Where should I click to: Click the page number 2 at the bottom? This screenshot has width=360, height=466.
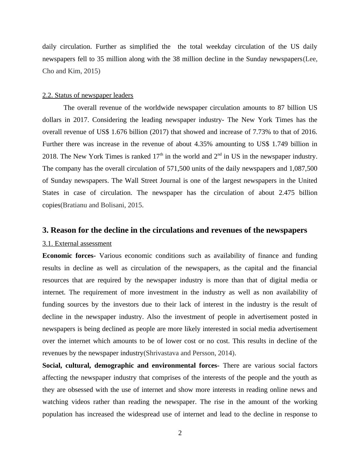180,433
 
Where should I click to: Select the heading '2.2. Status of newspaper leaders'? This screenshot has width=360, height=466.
88,95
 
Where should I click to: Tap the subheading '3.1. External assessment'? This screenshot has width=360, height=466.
77,244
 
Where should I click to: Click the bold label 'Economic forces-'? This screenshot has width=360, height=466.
69,256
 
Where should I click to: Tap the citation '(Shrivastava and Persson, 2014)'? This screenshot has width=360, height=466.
189,353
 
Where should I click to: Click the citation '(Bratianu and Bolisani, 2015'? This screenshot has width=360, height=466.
101,205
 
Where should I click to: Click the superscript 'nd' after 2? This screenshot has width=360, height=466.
220,155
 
